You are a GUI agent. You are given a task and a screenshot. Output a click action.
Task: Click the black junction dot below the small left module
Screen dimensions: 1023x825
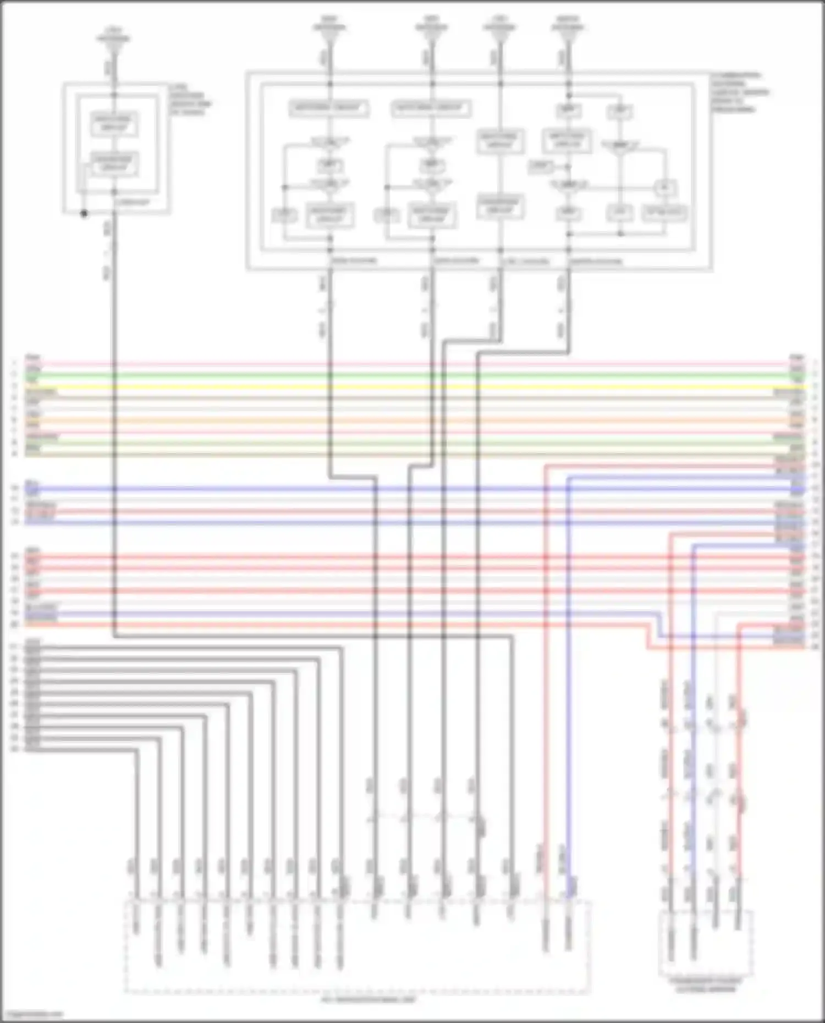click(84, 214)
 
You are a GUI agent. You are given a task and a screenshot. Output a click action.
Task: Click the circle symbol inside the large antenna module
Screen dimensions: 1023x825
click(664, 188)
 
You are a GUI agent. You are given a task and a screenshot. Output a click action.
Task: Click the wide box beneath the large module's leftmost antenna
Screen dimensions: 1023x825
click(328, 108)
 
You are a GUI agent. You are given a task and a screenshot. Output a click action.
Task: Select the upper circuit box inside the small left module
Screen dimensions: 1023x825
click(114, 124)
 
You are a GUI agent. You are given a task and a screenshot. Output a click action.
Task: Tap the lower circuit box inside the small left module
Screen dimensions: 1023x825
click(114, 164)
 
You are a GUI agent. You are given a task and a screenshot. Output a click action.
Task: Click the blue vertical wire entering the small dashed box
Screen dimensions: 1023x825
click(693, 797)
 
